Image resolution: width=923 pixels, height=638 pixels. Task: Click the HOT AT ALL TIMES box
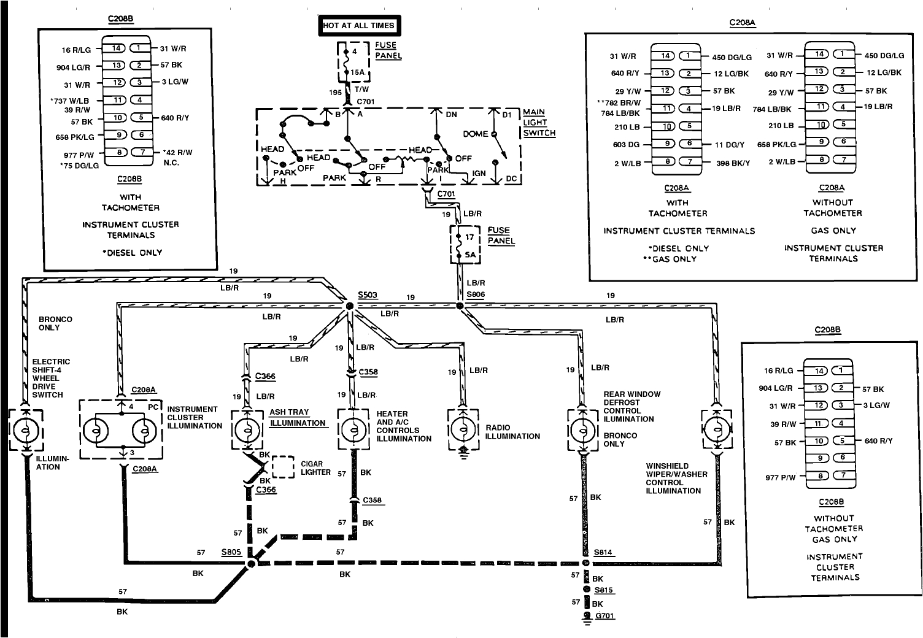pos(360,26)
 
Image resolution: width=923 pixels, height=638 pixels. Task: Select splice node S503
pos(349,305)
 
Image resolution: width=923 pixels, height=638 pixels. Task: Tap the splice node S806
pos(460,305)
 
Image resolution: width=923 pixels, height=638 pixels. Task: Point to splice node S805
pos(250,563)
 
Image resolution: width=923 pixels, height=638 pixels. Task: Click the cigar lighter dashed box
pos(282,467)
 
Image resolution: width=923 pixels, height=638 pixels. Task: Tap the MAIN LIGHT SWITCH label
pos(539,123)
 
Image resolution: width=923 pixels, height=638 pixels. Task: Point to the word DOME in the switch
pos(476,134)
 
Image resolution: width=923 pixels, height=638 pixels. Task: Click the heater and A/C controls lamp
pos(354,430)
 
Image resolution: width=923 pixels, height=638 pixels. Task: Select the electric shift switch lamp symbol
pos(26,431)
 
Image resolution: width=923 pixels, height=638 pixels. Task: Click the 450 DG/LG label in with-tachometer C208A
pos(732,57)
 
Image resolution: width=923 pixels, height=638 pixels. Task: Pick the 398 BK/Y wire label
pos(733,163)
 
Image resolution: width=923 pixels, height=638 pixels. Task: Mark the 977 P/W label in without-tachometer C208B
pos(780,477)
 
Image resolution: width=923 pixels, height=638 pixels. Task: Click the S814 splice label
pos(603,552)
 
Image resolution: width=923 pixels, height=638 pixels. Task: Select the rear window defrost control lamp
pos(582,430)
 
